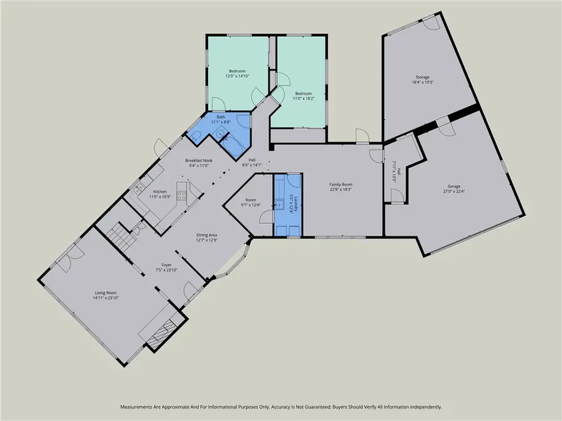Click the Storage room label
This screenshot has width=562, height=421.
[420, 77]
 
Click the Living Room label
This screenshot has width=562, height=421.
[106, 293]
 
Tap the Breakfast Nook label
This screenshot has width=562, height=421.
[199, 160]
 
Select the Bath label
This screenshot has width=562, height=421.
[220, 117]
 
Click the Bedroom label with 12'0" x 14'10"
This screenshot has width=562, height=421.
[237, 71]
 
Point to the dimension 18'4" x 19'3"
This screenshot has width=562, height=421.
[422, 82]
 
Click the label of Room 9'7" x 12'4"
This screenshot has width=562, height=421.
[251, 200]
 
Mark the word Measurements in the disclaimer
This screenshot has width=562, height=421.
[139, 407]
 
